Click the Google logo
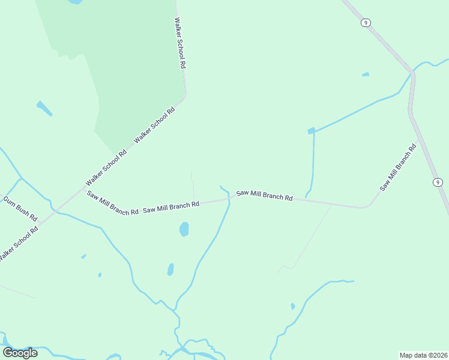[20, 352]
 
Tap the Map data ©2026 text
[423, 355]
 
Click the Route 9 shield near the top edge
[366, 23]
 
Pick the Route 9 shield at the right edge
[438, 182]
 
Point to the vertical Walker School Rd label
[179, 43]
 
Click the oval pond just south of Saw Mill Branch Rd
[184, 229]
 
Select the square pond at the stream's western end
[311, 131]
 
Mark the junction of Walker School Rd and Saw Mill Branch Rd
[84, 188]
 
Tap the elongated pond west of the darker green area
[44, 108]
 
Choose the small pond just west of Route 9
[365, 75]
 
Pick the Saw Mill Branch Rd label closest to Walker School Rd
[113, 202]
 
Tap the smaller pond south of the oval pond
[170, 269]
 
